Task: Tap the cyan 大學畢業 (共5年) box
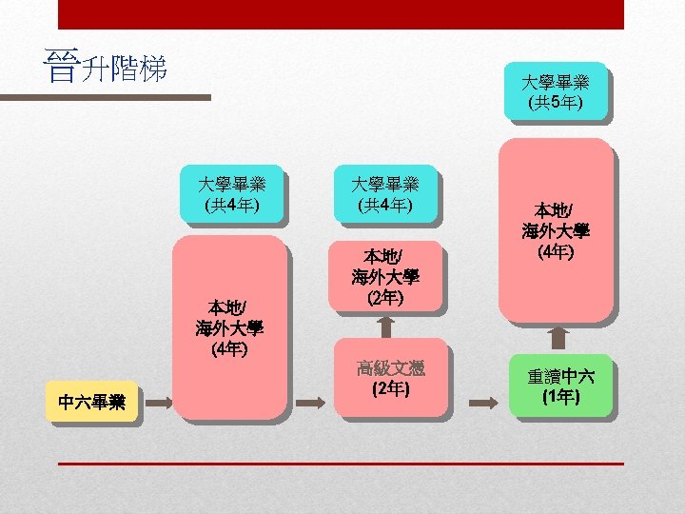tap(556, 90)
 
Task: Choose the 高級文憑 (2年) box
tap(390, 377)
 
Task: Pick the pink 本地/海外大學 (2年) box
tap(384, 277)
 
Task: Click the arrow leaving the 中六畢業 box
tap(157, 403)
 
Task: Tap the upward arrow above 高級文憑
tap(385, 326)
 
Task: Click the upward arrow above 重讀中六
tap(559, 338)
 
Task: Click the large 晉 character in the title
tap(62, 69)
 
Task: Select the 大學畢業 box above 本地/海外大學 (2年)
tap(384, 194)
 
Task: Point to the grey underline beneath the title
tap(105, 97)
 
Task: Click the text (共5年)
tap(556, 101)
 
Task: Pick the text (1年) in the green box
tap(560, 396)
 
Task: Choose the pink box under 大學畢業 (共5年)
tap(556, 230)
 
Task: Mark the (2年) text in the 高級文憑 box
tap(390, 388)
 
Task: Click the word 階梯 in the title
tap(139, 69)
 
